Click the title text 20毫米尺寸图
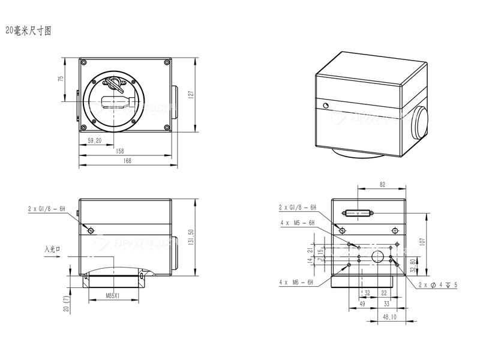point(28,31)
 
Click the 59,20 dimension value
point(94,140)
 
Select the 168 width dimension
point(127,160)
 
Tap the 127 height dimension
point(191,94)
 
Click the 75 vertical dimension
point(61,80)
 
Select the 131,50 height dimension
point(191,238)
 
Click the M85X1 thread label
point(112,295)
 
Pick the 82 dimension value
point(382,185)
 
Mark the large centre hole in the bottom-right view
point(378,257)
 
